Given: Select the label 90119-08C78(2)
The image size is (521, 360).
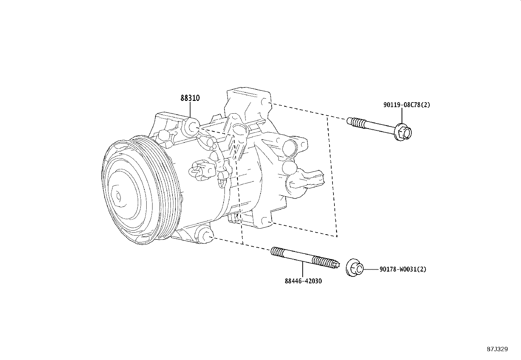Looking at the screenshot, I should [x=406, y=105].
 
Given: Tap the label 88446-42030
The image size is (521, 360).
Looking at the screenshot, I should [x=303, y=281].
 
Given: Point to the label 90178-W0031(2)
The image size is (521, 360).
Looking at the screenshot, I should [x=403, y=269].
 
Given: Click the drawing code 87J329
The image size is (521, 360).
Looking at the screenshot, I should [x=497, y=349].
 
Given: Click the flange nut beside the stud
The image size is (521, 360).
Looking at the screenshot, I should [x=354, y=268].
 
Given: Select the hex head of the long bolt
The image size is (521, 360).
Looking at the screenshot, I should [x=403, y=133].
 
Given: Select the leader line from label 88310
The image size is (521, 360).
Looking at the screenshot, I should [x=190, y=110].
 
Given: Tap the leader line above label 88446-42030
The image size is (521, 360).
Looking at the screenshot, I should [x=303, y=270].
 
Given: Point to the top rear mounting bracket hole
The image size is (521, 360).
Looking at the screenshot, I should [x=266, y=103].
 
